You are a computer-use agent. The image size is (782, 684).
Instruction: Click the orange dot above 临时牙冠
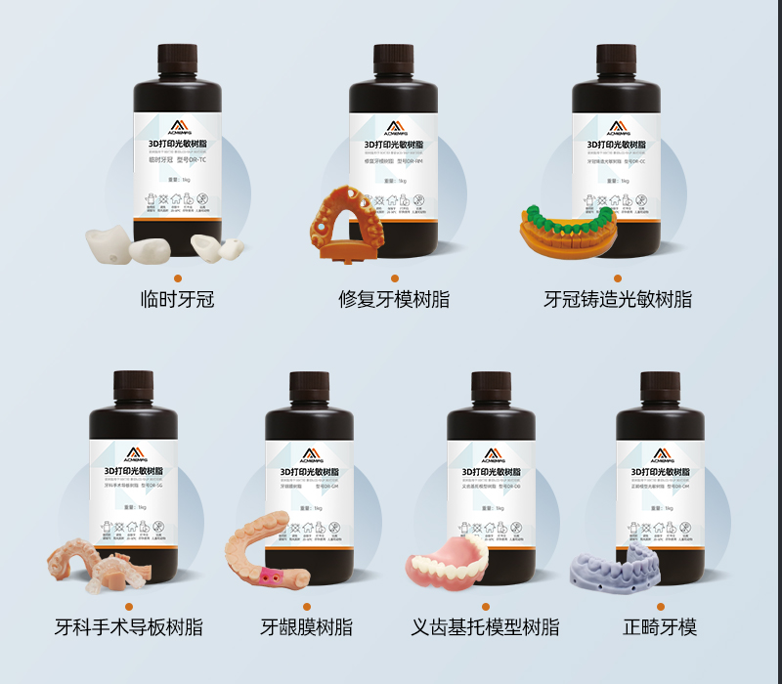point(179,278)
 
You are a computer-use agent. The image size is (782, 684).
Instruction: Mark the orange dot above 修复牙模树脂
point(394,278)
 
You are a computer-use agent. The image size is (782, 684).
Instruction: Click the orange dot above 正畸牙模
point(662,607)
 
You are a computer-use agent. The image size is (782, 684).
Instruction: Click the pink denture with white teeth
point(448,564)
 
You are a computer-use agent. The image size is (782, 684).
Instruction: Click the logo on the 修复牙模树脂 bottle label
point(394,127)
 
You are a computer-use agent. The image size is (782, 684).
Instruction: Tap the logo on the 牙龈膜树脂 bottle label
point(309,455)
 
